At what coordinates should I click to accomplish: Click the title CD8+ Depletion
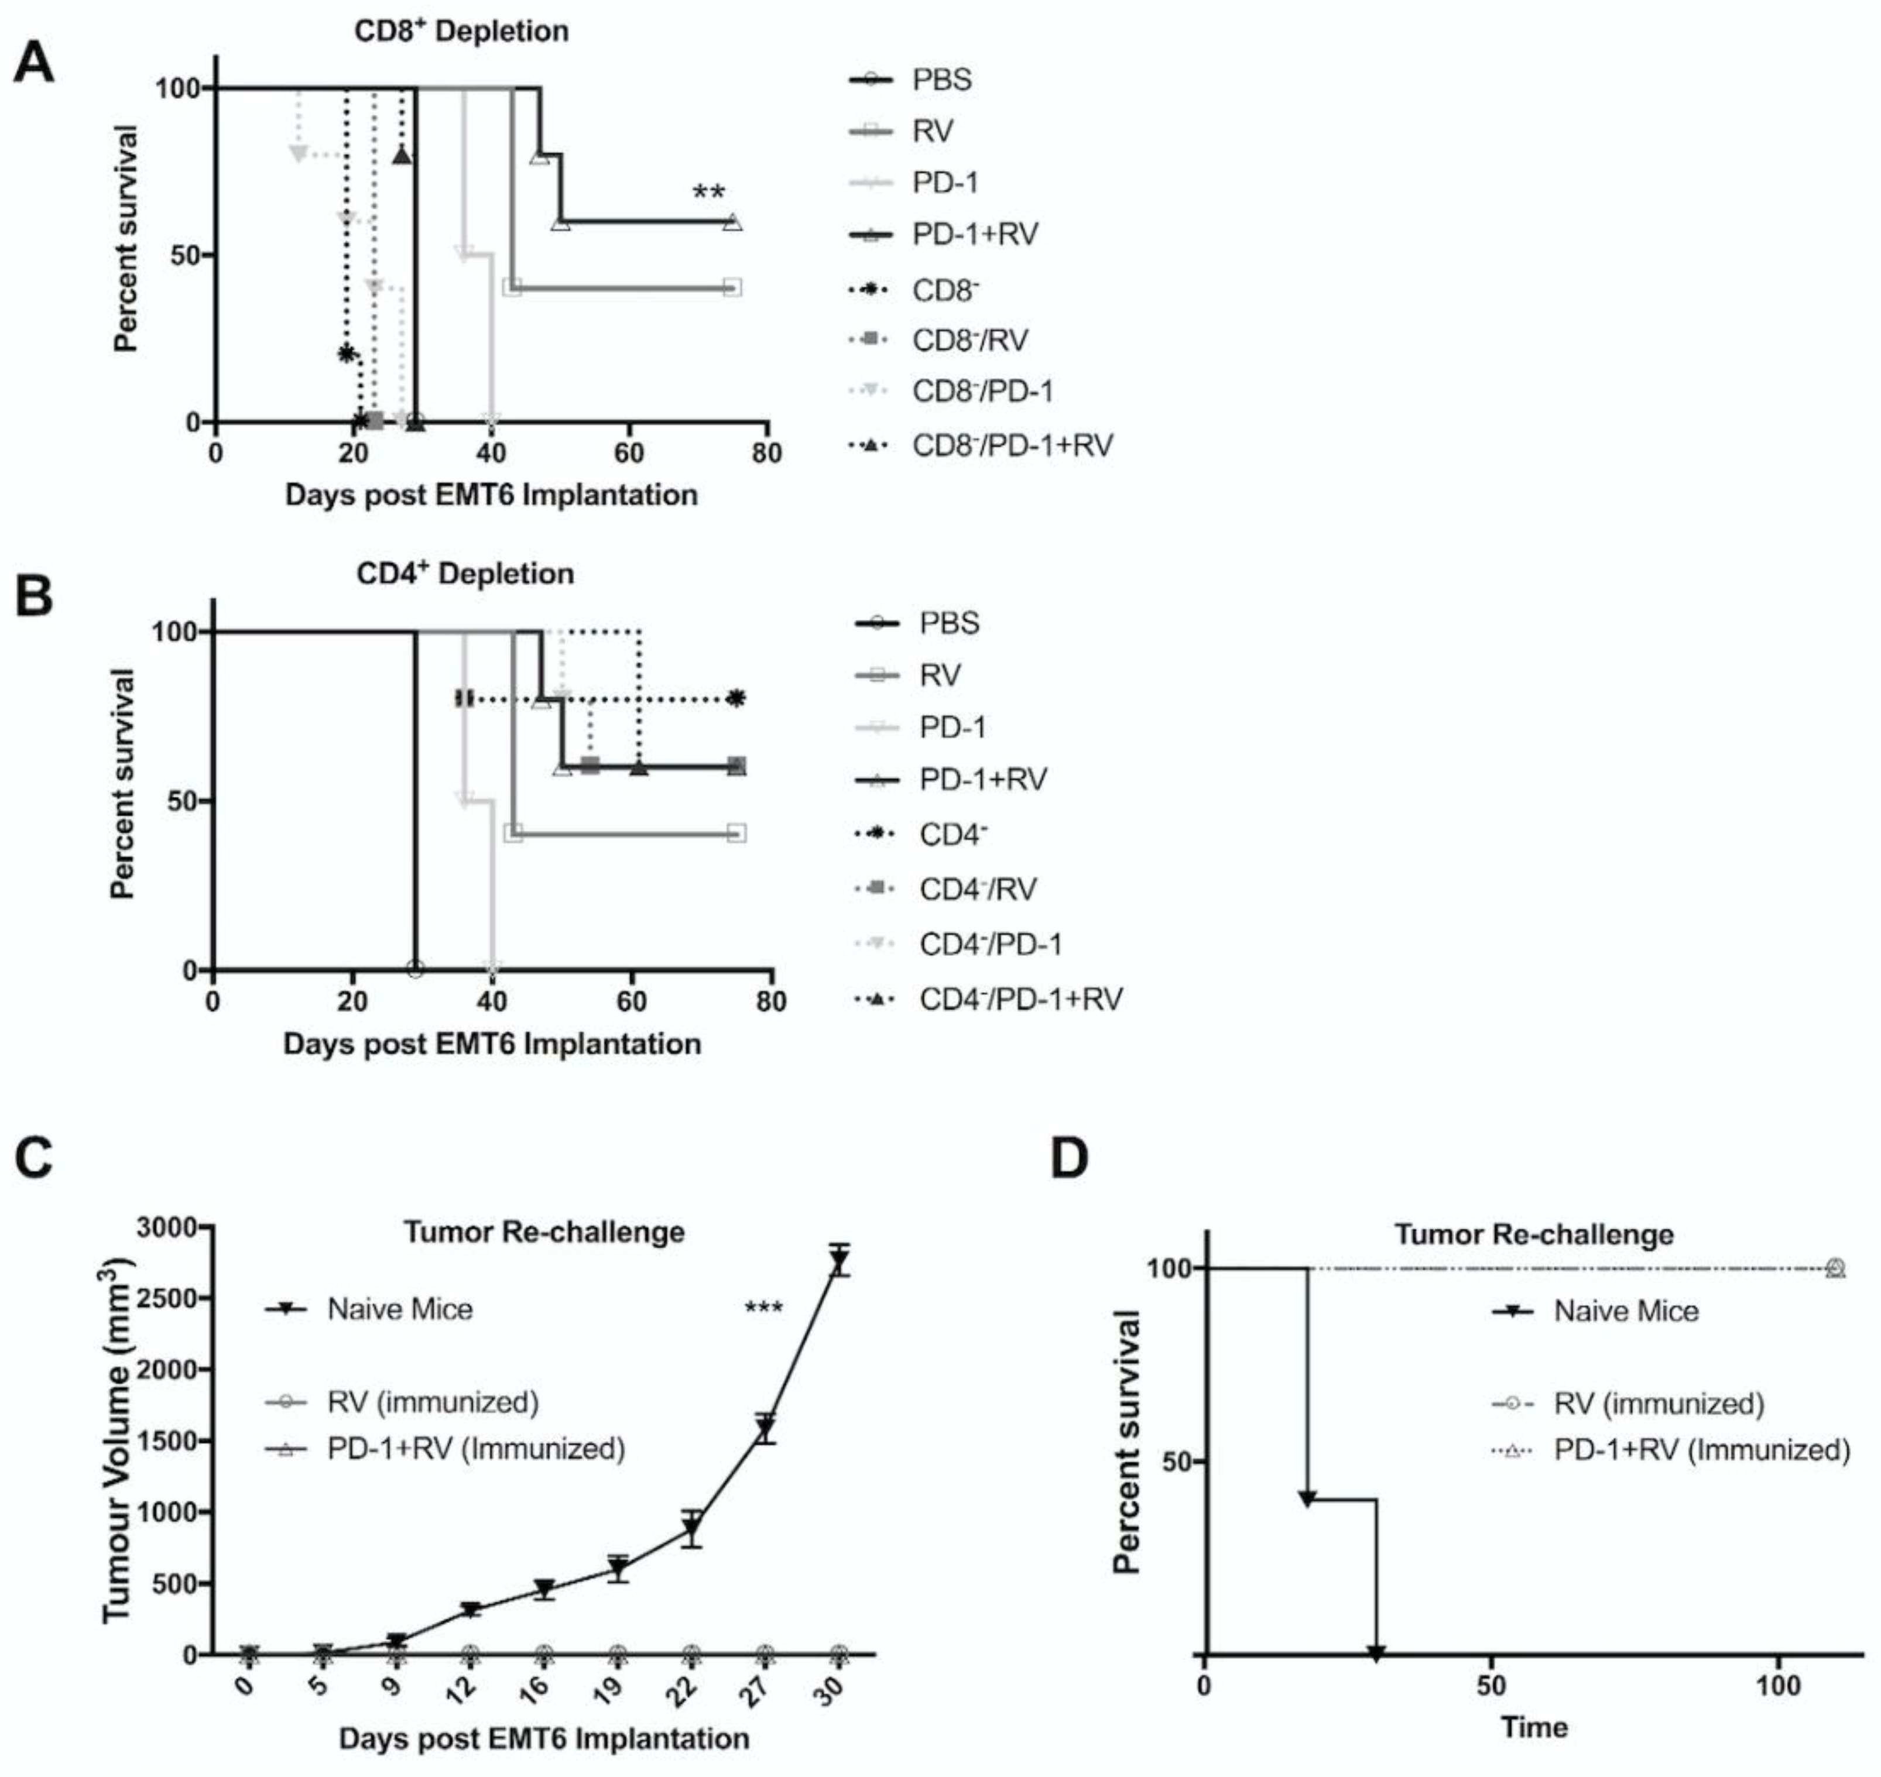pos(461,31)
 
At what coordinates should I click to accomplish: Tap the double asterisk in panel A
pos(709,193)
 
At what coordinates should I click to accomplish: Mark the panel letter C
pos(34,1158)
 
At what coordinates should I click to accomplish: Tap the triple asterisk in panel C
pos(764,1309)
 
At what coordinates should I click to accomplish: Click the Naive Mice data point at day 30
pos(838,1261)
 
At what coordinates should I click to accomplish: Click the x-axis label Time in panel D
pos(1534,1727)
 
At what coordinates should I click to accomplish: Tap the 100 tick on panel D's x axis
pos(1778,1686)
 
